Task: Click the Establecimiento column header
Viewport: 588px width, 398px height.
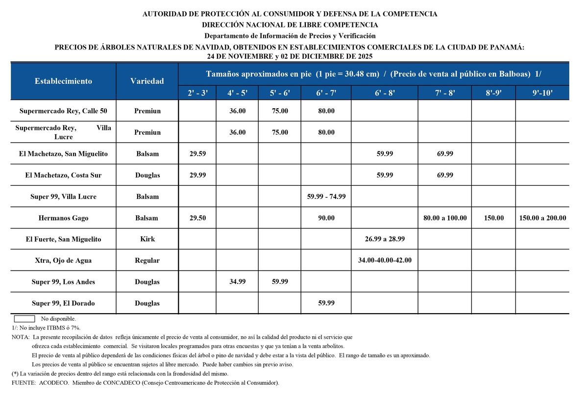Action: tap(63, 81)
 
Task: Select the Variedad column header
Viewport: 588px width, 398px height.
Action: tap(147, 81)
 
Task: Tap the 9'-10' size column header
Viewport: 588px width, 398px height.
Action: tap(542, 93)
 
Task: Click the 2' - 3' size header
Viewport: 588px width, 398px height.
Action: tap(197, 93)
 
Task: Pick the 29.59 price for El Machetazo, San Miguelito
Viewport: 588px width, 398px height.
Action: tap(197, 154)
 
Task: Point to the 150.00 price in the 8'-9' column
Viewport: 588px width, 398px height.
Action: tap(493, 218)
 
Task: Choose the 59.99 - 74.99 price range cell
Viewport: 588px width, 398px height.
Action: tap(326, 197)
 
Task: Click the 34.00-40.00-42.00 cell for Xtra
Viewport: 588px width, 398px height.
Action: tap(385, 260)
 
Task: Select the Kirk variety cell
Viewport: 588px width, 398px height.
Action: tap(147, 239)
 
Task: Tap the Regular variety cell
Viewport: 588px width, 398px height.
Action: tap(147, 260)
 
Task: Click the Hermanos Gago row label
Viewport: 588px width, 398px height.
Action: tap(63, 218)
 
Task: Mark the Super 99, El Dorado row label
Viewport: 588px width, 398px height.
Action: tap(63, 303)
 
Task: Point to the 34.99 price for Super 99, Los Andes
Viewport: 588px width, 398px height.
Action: tap(238, 282)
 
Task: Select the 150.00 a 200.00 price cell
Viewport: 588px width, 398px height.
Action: tap(542, 218)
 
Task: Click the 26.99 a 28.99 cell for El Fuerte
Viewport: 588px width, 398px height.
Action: tap(385, 239)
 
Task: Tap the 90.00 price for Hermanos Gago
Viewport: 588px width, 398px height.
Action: tap(326, 218)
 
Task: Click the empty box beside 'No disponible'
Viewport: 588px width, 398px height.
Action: tap(24, 319)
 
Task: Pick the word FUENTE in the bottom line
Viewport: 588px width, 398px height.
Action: tap(23, 383)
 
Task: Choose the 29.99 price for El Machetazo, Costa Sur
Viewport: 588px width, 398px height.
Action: tap(197, 175)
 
